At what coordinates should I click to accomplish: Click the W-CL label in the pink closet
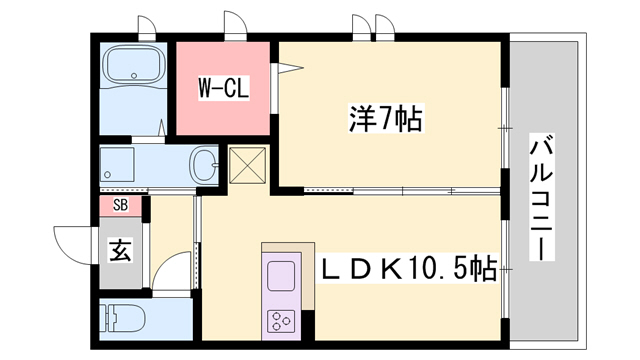click(x=222, y=87)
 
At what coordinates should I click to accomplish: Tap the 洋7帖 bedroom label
click(x=384, y=120)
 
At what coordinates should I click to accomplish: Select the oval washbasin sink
click(x=203, y=164)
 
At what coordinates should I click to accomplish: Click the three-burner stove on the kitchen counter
click(x=280, y=320)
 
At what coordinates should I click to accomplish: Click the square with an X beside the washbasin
click(x=245, y=166)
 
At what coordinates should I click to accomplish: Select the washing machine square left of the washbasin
click(x=119, y=163)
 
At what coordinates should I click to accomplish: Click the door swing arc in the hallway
click(x=172, y=270)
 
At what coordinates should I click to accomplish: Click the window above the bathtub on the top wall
click(x=146, y=30)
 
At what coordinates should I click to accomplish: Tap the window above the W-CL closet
click(x=233, y=30)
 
